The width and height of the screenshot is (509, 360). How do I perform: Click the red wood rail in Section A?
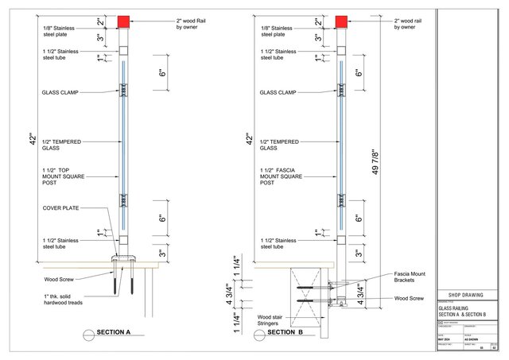tap(123, 21)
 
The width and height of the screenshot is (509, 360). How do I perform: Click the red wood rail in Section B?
tap(341, 21)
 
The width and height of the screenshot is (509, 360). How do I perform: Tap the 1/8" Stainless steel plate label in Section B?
tap(278, 31)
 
